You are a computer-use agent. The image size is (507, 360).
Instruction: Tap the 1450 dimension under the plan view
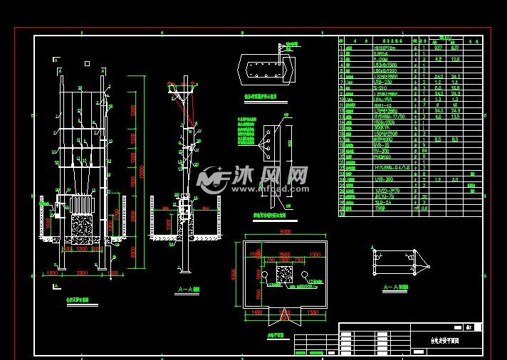pos(258,313)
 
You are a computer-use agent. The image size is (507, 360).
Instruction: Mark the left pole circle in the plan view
pos(264,275)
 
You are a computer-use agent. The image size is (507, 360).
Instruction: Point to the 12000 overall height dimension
pos(144,171)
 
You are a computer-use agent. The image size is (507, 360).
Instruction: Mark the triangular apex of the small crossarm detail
pos(429,267)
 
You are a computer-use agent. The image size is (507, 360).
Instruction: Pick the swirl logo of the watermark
pos(211,180)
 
